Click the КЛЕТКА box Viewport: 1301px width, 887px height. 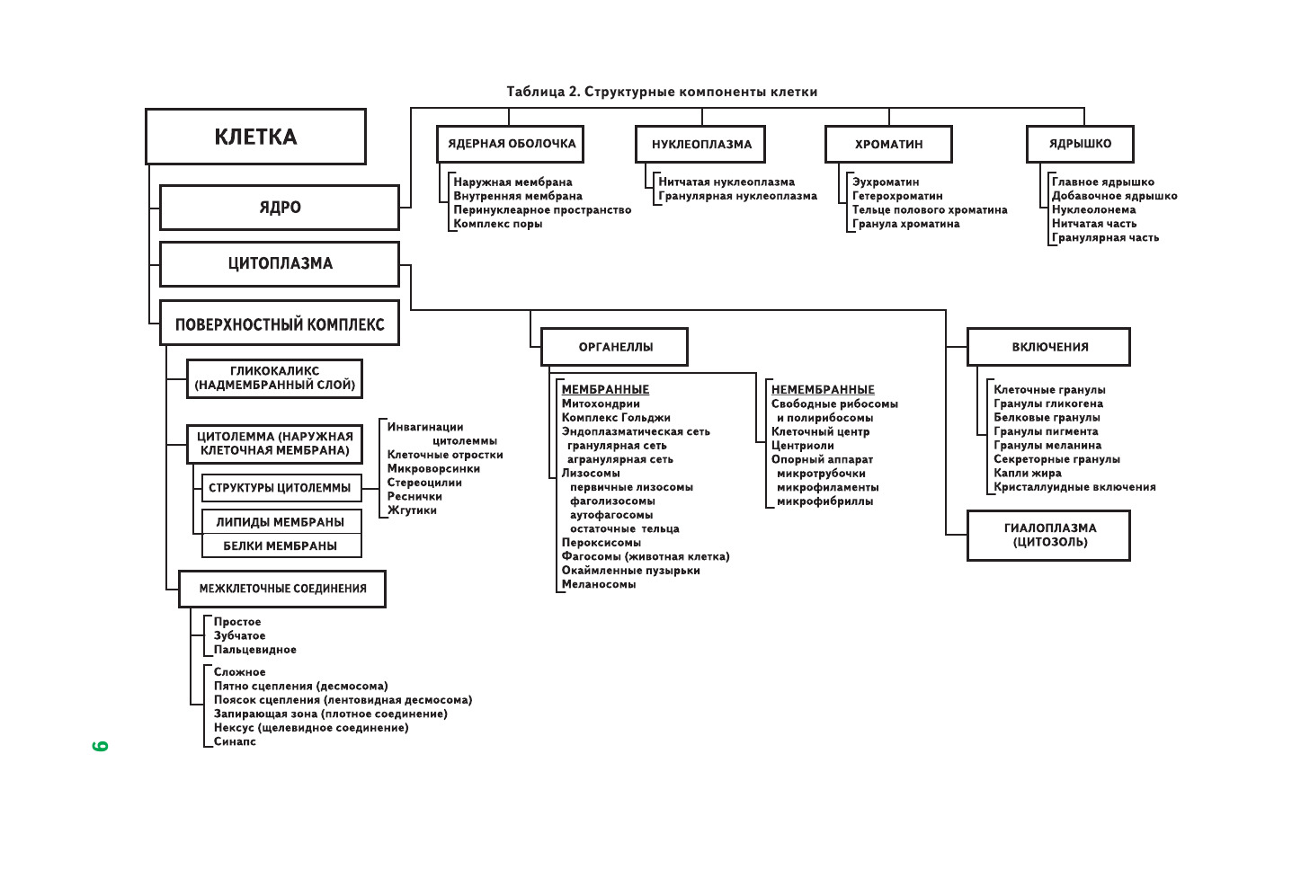click(x=255, y=137)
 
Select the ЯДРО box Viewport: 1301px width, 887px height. click(x=280, y=208)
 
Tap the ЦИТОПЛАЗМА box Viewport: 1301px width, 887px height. click(x=280, y=264)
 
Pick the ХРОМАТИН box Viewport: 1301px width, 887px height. click(x=888, y=144)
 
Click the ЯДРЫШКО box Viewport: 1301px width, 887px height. click(x=1080, y=144)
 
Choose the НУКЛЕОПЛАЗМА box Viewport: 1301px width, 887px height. click(x=701, y=144)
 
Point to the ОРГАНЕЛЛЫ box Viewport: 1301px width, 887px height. click(x=615, y=347)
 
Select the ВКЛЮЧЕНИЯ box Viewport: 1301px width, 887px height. click(x=1049, y=347)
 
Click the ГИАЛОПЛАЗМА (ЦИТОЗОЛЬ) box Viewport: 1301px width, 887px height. click(x=1049, y=536)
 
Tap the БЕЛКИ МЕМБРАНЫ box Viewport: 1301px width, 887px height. click(x=281, y=546)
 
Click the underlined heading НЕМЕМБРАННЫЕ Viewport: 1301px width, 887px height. click(x=823, y=390)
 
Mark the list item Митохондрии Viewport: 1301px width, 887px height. click(x=601, y=404)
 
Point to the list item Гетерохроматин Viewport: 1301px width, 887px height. click(x=897, y=196)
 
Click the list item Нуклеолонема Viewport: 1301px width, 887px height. click(x=1093, y=209)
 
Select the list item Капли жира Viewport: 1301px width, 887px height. click(x=1027, y=473)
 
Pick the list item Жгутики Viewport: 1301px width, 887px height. click(x=412, y=510)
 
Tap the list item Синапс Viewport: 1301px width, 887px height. click(x=235, y=741)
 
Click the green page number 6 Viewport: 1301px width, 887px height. click(x=100, y=746)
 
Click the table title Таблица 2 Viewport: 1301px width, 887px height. click(x=662, y=92)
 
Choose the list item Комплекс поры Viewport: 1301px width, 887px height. click(x=497, y=224)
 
